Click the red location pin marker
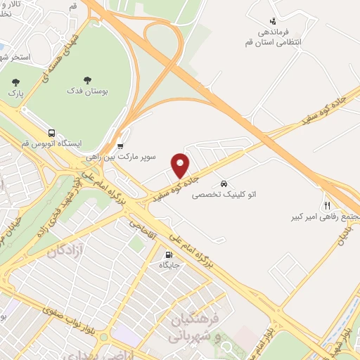pyautogui.click(x=181, y=165)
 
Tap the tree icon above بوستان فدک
pyautogui.click(x=88, y=80)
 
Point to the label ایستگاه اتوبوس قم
pyautogui.click(x=52, y=143)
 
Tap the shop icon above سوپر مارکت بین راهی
pyautogui.click(x=120, y=146)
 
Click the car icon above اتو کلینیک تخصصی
pyautogui.click(x=224, y=179)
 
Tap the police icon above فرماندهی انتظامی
pyautogui.click(x=273, y=21)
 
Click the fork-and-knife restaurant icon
pyautogui.click(x=327, y=205)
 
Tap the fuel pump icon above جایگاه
pyautogui.click(x=169, y=255)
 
